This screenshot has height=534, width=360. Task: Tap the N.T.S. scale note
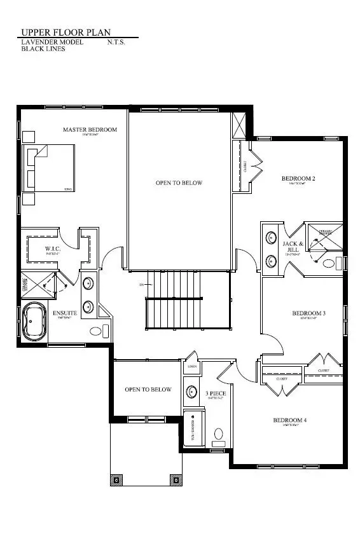pos(118,41)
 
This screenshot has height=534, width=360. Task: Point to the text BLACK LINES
pos(43,48)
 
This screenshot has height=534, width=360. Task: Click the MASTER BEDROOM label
pos(90,130)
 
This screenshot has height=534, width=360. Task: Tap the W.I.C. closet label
pos(52,248)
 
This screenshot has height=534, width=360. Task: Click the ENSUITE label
pos(65,313)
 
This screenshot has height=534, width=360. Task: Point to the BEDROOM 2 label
pos(298,179)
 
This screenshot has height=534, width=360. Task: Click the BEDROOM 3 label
pos(308,313)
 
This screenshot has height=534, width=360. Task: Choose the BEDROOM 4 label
pos(290,420)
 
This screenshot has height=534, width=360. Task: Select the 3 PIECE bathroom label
pos(213,394)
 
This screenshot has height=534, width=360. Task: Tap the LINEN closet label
pos(192,367)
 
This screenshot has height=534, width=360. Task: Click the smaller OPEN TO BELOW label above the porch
pos(148,389)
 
